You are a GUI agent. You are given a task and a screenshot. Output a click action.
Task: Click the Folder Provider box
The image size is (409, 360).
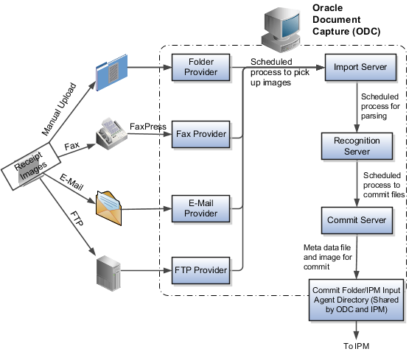point(200,67)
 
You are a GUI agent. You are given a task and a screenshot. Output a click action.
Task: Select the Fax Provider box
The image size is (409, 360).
point(200,134)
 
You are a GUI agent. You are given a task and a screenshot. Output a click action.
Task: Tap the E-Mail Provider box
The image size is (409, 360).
point(200,208)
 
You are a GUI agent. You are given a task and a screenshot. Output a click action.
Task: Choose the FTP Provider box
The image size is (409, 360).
point(200,270)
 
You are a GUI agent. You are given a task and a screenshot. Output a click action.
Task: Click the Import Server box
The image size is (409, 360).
point(360,67)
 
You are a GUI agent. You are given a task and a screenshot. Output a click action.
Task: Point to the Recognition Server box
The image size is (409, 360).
point(357,147)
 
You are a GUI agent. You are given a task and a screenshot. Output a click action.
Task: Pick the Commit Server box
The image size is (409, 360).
point(357,220)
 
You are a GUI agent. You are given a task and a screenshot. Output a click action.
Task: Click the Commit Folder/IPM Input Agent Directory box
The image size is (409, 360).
point(357,300)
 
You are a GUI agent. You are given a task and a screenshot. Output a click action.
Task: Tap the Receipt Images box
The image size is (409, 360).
point(31,166)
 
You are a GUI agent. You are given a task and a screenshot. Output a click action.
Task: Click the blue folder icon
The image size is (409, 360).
point(111,72)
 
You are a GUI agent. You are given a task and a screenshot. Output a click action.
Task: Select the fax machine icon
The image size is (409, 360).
point(111,134)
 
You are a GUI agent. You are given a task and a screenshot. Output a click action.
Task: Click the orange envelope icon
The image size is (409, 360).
point(109,208)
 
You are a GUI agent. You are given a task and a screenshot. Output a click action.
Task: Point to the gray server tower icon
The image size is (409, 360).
point(108,273)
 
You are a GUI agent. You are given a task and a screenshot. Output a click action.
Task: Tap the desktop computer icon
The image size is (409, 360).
point(282,29)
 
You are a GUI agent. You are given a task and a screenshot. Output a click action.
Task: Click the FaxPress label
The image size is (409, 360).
point(148,127)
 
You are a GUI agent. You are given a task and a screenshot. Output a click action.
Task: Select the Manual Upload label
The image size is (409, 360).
point(59,109)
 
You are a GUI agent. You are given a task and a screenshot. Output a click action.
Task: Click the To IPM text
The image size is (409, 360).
point(357,346)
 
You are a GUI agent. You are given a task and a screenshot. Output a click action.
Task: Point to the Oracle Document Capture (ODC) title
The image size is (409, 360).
point(346,20)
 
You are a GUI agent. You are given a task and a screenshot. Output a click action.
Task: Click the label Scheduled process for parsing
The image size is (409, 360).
point(380,106)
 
